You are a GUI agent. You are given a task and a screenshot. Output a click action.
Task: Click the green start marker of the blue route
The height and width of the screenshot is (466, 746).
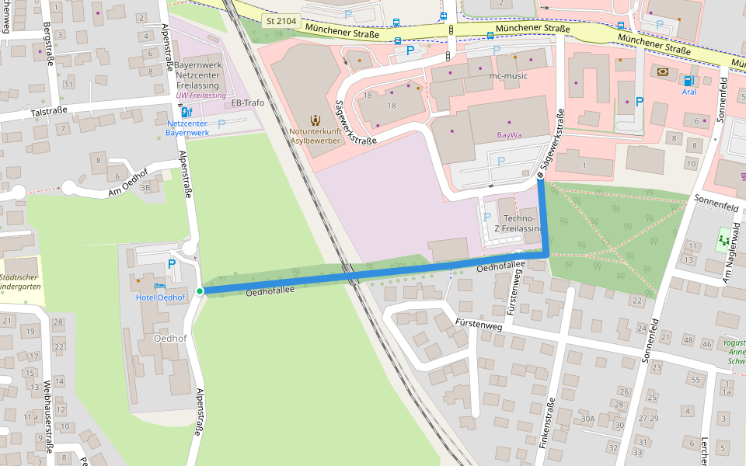(x=200, y=291)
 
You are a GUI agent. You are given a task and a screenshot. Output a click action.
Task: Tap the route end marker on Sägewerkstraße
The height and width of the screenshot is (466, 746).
(x=539, y=176)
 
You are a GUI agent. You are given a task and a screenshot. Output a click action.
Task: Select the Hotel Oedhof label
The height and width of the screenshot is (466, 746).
(x=161, y=297)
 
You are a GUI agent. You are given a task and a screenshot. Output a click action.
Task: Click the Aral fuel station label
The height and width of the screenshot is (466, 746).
(x=688, y=92)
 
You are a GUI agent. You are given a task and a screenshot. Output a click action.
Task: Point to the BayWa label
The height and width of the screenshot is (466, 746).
(x=509, y=135)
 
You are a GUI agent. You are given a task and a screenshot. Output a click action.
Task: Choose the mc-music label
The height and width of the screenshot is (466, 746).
(x=508, y=76)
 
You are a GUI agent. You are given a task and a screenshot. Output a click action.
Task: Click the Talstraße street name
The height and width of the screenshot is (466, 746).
(x=48, y=112)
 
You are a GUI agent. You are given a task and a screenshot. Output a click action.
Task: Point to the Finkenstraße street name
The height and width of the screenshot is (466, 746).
(x=550, y=424)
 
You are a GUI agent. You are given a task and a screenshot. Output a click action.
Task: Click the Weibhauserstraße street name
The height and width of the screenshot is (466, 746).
(x=47, y=416)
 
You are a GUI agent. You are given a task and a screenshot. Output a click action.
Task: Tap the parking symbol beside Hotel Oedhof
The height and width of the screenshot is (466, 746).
(x=171, y=265)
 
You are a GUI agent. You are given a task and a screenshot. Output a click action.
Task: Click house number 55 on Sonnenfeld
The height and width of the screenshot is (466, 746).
(x=695, y=380)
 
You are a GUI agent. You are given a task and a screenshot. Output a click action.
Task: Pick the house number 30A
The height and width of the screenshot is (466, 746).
(x=587, y=419)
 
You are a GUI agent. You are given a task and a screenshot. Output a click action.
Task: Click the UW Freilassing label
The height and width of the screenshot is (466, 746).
(x=201, y=95)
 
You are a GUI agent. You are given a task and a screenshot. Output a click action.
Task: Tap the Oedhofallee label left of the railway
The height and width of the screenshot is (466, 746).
(x=270, y=291)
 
